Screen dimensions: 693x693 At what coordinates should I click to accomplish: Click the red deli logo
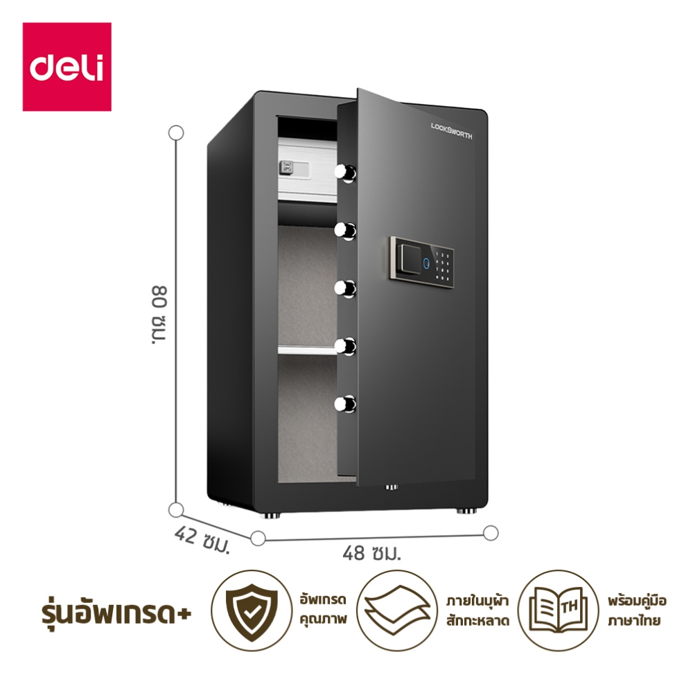[x=67, y=67]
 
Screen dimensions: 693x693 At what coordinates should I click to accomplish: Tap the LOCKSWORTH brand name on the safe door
[x=451, y=131]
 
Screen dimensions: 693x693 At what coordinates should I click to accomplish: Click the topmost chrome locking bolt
[x=345, y=173]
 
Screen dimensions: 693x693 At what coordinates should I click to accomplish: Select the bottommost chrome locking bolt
[x=345, y=404]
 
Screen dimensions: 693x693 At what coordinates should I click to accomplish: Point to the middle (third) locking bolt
[x=345, y=288]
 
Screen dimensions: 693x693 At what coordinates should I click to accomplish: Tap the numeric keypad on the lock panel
[x=442, y=266]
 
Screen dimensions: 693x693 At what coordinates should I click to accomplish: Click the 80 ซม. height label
[x=159, y=315]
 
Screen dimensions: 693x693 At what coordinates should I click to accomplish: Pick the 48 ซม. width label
[x=371, y=552]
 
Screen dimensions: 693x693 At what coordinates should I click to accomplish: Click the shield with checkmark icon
[x=252, y=611]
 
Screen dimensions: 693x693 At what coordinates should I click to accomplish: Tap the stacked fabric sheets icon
[x=397, y=610]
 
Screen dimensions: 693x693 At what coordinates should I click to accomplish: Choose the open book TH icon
[x=558, y=610]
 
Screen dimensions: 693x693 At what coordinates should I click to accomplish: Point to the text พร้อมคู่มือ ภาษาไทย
[x=637, y=611]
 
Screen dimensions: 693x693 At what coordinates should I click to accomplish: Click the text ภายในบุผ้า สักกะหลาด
[x=477, y=611]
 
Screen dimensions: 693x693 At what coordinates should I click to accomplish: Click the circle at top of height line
[x=176, y=132]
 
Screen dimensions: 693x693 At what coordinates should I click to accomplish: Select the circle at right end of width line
[x=491, y=533]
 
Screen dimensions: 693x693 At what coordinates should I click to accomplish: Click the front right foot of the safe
[x=466, y=511]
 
